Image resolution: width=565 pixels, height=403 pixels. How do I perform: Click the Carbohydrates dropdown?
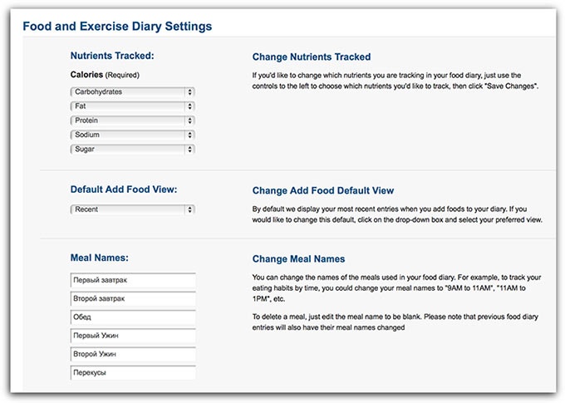[x=133, y=92]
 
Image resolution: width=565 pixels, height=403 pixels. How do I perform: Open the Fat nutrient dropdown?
[x=133, y=106]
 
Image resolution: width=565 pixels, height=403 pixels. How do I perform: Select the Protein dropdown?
[x=133, y=120]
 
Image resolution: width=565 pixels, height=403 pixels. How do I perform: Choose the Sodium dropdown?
[x=133, y=135]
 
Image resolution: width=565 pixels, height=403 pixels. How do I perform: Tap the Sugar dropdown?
[x=133, y=150]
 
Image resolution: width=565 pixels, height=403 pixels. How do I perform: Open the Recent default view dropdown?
[x=133, y=210]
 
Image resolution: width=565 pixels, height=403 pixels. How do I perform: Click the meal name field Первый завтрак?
[x=133, y=280]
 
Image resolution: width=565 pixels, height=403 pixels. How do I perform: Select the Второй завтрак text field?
[x=133, y=298]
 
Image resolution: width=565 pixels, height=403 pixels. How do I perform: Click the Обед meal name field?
[x=133, y=317]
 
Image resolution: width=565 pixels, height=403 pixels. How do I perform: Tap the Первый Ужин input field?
[x=133, y=336]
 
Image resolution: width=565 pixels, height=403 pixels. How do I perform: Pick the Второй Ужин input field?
[x=133, y=355]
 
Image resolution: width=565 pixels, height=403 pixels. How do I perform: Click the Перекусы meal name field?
[x=133, y=373]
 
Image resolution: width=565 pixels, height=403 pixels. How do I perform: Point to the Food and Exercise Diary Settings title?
[x=117, y=27]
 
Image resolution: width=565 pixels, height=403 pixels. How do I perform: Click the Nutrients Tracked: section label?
[x=113, y=57]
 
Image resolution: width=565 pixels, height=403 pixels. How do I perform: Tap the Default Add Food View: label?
[x=124, y=189]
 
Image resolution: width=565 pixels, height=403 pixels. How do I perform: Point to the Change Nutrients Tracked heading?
[x=312, y=57]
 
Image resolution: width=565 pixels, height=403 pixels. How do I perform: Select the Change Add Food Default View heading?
[x=323, y=191]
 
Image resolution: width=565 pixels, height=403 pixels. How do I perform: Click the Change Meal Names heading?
[x=298, y=259]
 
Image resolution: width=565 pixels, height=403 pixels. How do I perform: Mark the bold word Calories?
[x=87, y=75]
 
